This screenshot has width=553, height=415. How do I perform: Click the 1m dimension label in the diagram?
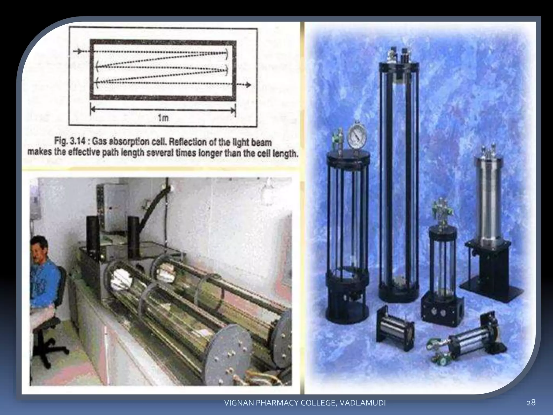tap(163, 118)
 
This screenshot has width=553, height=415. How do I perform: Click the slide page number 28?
tap(531, 403)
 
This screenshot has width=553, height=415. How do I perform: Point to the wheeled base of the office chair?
tap(50, 349)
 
